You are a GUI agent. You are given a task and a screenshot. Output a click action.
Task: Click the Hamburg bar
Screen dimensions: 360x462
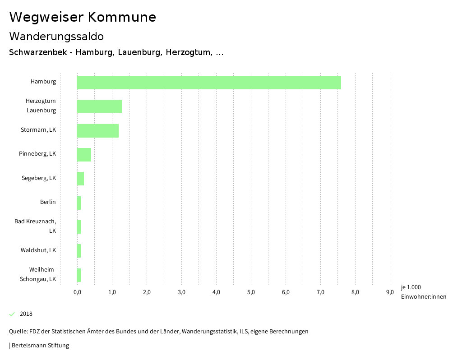point(209,83)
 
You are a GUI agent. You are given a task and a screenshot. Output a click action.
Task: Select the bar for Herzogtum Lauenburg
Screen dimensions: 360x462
point(100,106)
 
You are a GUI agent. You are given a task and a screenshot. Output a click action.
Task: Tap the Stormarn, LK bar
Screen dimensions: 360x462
point(98,130)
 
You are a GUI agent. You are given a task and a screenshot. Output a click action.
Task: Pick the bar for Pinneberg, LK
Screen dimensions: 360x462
point(84,154)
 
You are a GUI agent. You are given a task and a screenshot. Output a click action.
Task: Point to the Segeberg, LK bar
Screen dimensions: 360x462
point(80,179)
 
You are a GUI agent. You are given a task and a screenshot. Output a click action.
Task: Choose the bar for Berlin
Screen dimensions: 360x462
point(79,203)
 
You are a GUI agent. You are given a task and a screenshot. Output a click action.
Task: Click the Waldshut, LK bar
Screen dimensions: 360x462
point(79,251)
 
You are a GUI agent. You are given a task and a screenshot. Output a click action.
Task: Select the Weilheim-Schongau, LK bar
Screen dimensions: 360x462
point(79,275)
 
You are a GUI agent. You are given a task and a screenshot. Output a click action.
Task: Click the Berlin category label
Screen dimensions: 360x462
point(48,202)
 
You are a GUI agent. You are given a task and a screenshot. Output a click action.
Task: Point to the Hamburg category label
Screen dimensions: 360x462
point(43,82)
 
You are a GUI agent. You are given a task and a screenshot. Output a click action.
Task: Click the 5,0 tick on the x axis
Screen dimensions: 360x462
point(251,292)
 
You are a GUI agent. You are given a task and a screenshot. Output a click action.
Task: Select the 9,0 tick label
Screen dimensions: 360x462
point(390,292)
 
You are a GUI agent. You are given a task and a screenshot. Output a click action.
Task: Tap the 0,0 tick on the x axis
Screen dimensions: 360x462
point(77,292)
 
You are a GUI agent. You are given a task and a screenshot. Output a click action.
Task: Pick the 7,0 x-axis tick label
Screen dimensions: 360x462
point(320,292)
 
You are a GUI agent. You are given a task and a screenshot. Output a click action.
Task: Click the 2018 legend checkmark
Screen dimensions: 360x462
point(12,314)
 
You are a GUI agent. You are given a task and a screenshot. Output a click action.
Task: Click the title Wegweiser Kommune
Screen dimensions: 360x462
point(83,17)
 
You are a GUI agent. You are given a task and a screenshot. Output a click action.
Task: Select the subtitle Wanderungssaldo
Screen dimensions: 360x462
point(56,36)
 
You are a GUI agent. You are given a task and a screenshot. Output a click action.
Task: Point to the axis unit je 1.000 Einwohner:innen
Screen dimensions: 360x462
point(423,292)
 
